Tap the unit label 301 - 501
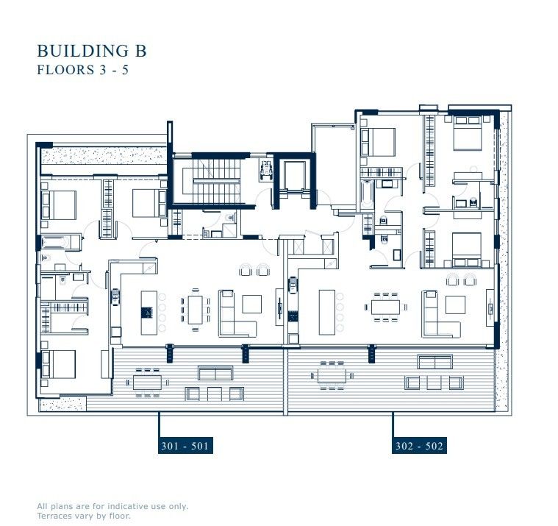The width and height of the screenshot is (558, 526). click(x=185, y=446)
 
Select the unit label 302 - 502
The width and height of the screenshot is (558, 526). click(x=418, y=446)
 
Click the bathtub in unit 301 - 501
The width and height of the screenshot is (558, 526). click(x=55, y=241)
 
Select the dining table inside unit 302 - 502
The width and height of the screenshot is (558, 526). click(x=385, y=305)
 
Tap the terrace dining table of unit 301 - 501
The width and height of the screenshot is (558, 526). click(x=147, y=382)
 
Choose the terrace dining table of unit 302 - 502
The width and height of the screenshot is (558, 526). click(x=332, y=375)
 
